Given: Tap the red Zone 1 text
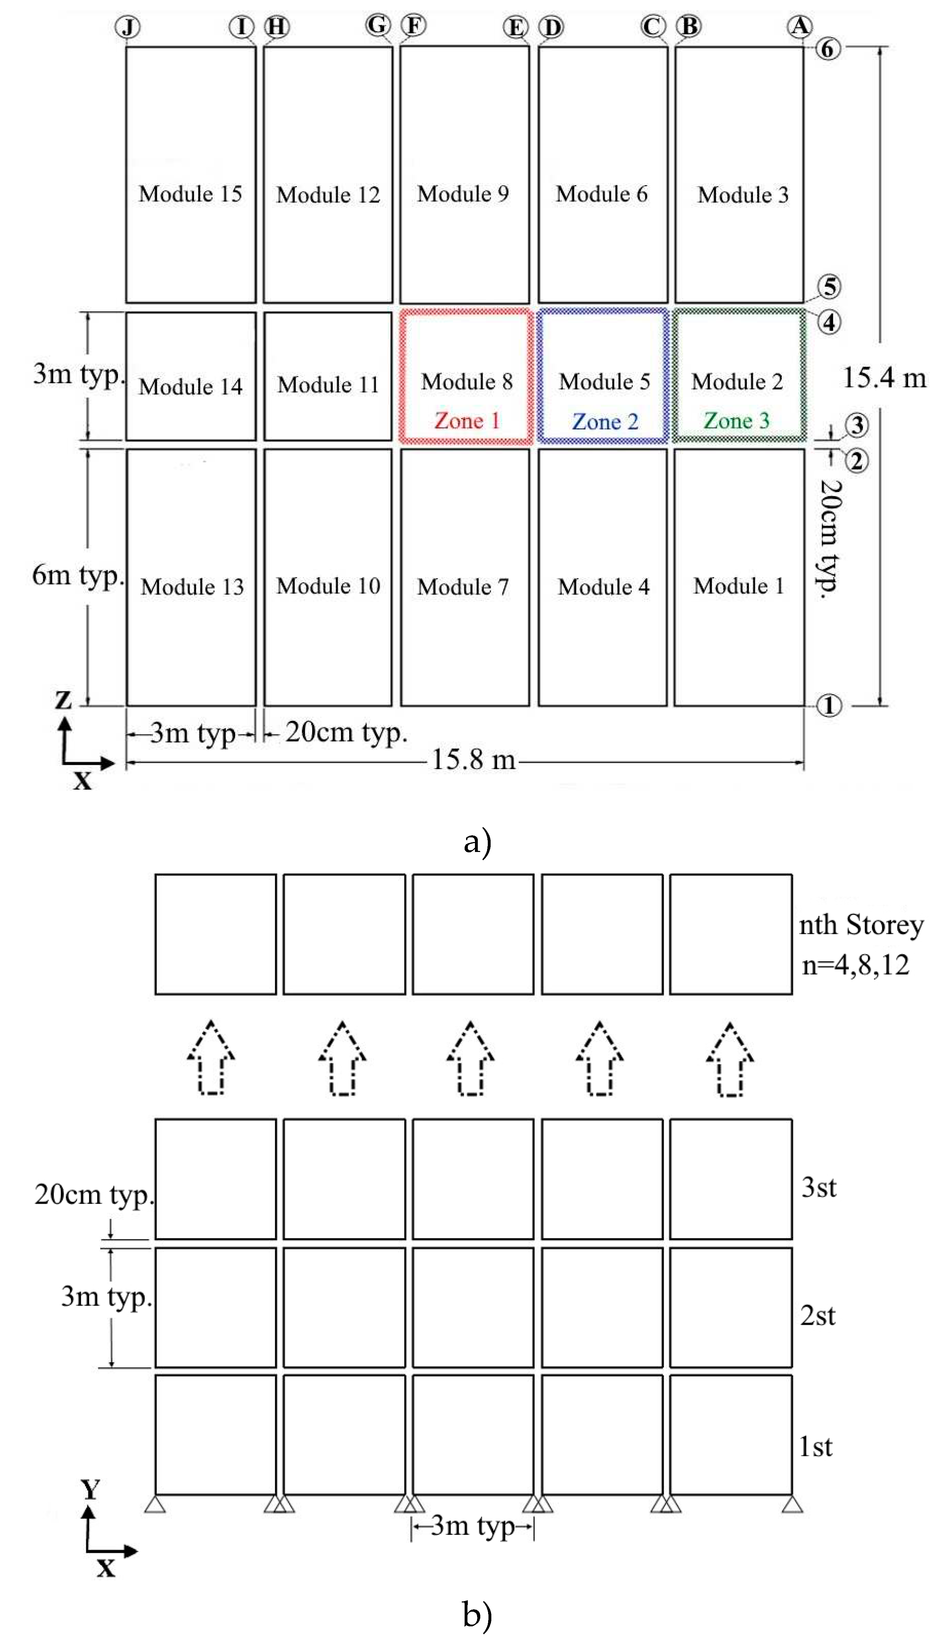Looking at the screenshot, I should [467, 421].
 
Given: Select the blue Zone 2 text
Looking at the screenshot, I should [605, 422].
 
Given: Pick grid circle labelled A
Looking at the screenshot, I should [800, 26].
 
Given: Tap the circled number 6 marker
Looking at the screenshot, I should [828, 49].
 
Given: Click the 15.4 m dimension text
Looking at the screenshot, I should [885, 378].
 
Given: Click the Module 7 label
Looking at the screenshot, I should [463, 586].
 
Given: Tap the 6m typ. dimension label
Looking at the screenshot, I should [77, 575].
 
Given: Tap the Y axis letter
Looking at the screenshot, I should [90, 1489].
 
